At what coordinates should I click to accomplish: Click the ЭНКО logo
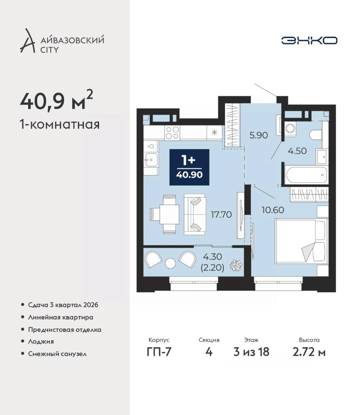309,41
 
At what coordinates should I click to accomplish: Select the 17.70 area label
221,214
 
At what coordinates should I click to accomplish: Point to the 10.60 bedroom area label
273,210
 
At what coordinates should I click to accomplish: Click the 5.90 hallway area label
259,135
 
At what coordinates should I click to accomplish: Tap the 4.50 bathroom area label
297,151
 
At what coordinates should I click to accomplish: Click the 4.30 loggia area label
212,256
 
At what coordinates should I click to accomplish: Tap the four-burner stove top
172,133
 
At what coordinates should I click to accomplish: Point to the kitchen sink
151,160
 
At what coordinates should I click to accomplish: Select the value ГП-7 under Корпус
159,352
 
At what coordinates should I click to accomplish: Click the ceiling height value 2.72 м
309,352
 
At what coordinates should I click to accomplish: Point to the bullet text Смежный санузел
58,354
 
